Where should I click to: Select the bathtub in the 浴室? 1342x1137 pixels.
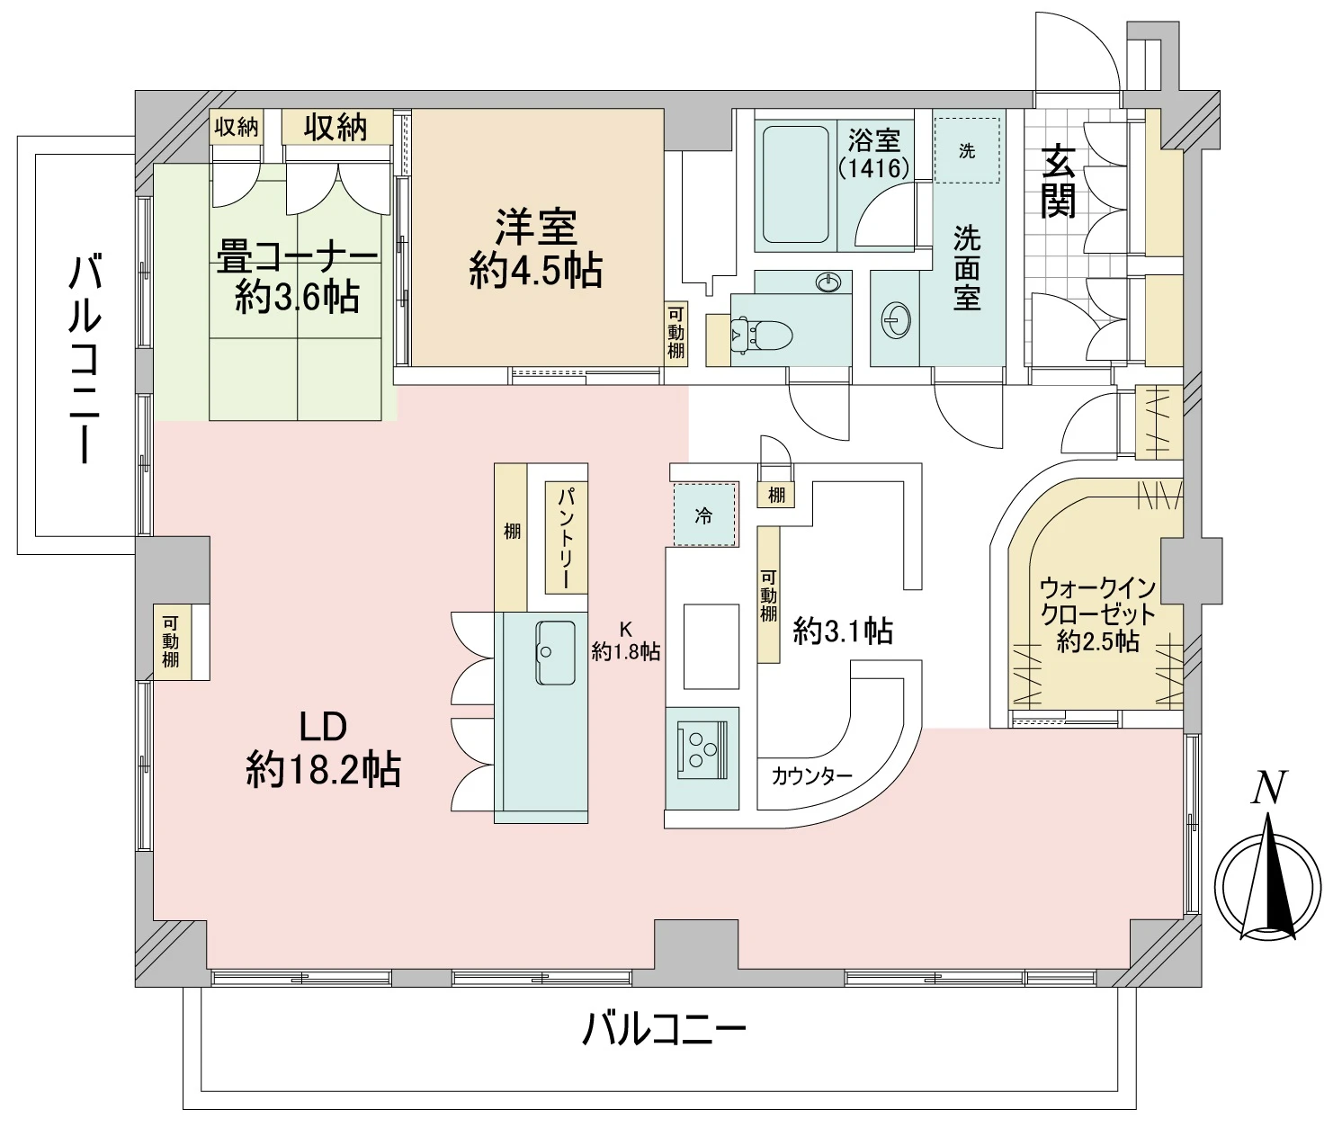[795, 184]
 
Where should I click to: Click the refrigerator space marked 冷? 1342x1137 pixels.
[704, 515]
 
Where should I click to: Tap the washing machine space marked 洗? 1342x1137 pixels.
[966, 150]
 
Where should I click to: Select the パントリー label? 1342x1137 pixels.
[566, 538]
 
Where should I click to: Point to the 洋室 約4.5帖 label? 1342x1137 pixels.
[536, 248]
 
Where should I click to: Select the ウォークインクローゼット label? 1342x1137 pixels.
[1098, 614]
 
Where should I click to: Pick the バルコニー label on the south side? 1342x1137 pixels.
[664, 1028]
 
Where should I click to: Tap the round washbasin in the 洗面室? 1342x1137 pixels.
[896, 319]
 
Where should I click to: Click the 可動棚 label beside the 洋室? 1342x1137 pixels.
[675, 332]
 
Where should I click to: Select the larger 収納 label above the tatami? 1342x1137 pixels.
[335, 128]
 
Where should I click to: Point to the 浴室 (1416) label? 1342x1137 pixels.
[873, 153]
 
